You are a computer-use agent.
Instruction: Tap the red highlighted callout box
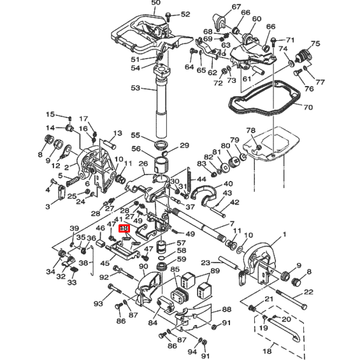(124, 227)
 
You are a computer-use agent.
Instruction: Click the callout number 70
(308, 107)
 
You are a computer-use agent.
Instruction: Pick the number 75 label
(314, 44)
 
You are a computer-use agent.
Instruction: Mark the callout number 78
(251, 130)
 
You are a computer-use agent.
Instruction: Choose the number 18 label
(267, 350)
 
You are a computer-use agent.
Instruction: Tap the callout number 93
(97, 304)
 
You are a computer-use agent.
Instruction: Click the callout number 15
(50, 114)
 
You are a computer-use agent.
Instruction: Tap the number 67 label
(219, 7)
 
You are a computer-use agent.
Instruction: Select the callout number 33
(72, 282)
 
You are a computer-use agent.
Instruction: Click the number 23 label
(205, 263)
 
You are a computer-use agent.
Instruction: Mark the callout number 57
(181, 243)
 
